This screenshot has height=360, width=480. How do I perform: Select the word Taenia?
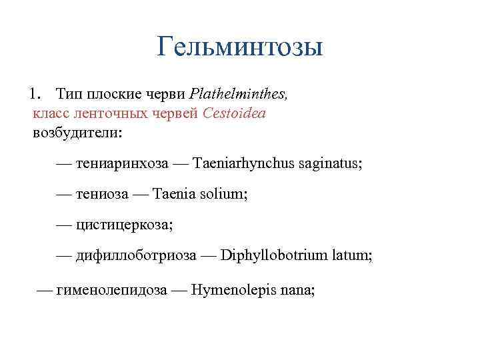175,194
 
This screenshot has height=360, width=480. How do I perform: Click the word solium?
225,194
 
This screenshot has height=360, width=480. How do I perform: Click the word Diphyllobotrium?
274,255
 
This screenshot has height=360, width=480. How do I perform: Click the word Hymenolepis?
231,290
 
